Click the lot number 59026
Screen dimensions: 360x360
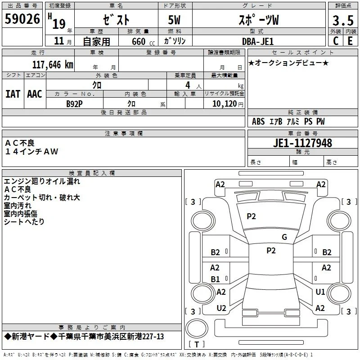(x=22, y=19)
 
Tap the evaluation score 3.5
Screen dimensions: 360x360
(x=343, y=21)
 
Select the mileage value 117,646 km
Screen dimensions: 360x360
(x=53, y=65)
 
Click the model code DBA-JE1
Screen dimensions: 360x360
(x=258, y=41)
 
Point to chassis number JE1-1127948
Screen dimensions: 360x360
(x=302, y=143)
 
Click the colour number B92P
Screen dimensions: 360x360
(x=74, y=104)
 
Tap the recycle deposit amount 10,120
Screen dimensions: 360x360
(x=225, y=103)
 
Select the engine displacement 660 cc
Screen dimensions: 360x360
(x=143, y=41)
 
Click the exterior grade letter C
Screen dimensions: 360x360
(x=336, y=41)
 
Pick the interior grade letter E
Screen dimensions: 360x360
(x=350, y=41)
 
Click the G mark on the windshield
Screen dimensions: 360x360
(x=284, y=237)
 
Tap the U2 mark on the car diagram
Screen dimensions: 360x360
(x=221, y=308)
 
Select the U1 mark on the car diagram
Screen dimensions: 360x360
(x=320, y=292)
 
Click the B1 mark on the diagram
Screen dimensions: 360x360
(x=215, y=279)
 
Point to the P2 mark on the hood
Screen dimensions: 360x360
(x=251, y=216)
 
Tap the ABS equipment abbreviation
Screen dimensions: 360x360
(x=258, y=121)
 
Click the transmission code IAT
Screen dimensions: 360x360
(x=13, y=94)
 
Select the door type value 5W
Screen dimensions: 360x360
(x=174, y=20)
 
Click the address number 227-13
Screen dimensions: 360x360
(x=153, y=337)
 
